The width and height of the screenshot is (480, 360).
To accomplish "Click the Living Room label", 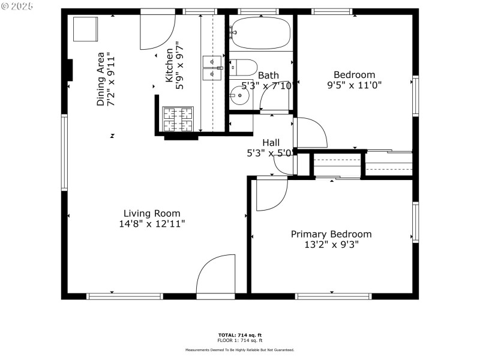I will pos(151,213).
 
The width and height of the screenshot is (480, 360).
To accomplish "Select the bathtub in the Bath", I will pos(260,32).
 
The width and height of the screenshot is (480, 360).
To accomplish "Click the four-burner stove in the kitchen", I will pos(178,119).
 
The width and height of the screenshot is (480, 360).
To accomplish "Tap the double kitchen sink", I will pos(212,68).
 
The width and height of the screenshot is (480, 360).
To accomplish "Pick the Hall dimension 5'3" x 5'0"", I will pos(269,153).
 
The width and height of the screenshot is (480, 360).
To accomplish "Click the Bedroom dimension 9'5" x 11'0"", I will pos(355,85).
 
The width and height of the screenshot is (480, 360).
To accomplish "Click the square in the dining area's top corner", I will pos(85,29).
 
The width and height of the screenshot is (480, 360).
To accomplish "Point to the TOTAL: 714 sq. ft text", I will pos(239,335).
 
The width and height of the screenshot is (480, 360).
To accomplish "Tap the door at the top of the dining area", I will pos(157,31).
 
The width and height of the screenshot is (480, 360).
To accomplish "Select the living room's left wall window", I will pos(64,153).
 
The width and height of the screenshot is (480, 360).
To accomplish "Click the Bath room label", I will pos(268,76).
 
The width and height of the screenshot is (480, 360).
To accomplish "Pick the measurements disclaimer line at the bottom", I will pos(239,350).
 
